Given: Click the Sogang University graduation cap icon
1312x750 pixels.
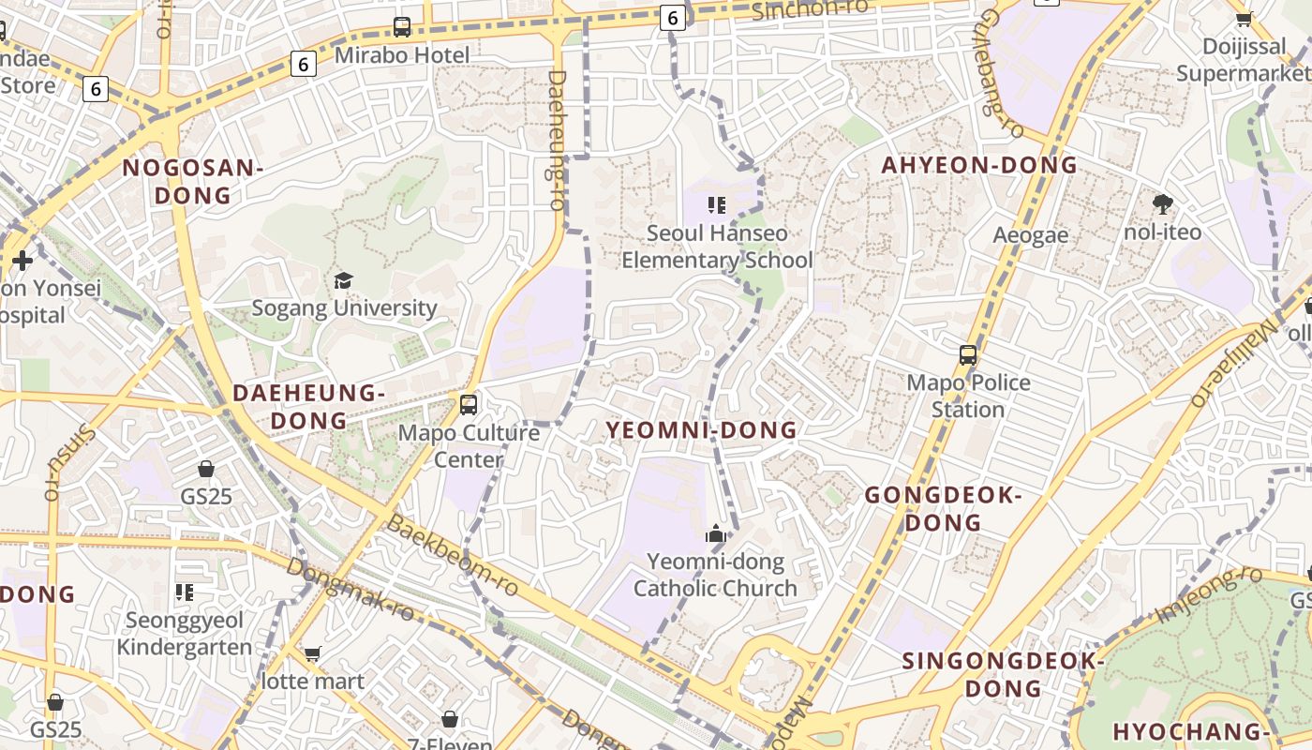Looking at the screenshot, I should click(343, 280).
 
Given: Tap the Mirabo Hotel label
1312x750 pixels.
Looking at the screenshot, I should click(402, 55).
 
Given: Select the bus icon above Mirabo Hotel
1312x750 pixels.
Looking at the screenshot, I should click(402, 27).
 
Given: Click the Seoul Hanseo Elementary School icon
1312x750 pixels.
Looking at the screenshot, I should click(717, 204).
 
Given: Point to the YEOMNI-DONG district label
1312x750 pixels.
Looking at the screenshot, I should click(701, 430).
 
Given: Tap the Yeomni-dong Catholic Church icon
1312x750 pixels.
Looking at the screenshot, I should click(716, 535).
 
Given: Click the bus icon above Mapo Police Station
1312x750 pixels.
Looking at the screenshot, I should click(968, 355).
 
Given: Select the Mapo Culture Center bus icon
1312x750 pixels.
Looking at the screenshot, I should click(469, 405).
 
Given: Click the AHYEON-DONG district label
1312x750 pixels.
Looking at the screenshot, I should click(979, 165).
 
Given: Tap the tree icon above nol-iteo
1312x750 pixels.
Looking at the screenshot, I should click(1163, 203).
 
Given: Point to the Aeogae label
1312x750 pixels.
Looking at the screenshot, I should click(1031, 234).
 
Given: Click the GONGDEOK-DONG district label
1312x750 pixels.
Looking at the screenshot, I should click(942, 508).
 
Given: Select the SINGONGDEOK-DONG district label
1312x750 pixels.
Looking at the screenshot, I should click(1003, 674).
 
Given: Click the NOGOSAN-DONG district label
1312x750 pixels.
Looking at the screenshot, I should click(192, 181).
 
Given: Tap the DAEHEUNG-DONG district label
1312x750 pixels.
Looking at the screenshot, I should click(308, 406).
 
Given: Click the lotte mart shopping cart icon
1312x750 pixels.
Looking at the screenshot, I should click(312, 653).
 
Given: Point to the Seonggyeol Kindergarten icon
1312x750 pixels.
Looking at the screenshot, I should click(185, 592).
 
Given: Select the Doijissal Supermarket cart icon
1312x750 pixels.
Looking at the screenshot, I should click(1245, 19).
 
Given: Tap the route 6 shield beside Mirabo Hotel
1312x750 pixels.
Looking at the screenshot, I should click(303, 64).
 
